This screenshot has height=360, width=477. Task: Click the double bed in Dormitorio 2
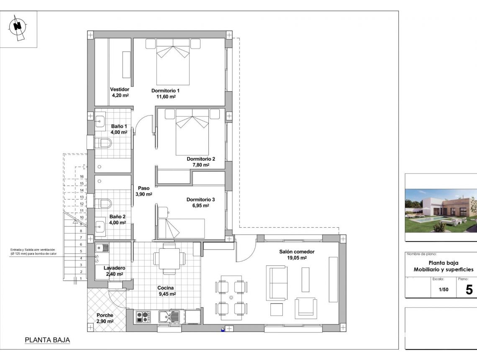(192, 132)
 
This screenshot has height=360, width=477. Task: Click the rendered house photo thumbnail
(441, 208)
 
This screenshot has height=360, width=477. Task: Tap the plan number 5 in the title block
(469, 289)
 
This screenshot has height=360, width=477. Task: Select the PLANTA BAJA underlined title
(47, 340)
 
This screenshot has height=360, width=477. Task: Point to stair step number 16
(82, 177)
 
